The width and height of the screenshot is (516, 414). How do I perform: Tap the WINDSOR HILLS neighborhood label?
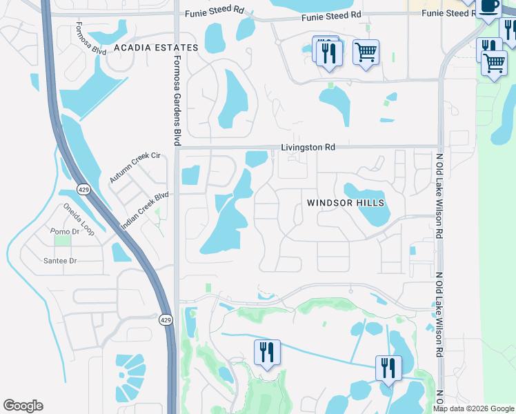pyautogui.click(x=346, y=203)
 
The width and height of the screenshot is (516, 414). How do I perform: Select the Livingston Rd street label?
pyautogui.click(x=308, y=147)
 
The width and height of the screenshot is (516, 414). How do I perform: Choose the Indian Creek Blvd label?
pyautogui.click(x=145, y=211)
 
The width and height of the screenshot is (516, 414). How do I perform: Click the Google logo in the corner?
pyautogui.click(x=23, y=406)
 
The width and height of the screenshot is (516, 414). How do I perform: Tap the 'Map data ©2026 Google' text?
pyautogui.click(x=474, y=408)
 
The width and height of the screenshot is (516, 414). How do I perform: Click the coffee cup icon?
pyautogui.click(x=488, y=7)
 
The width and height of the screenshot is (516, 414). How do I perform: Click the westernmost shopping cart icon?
pyautogui.click(x=366, y=51)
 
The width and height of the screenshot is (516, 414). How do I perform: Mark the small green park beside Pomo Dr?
pyautogui.click(x=62, y=240)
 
